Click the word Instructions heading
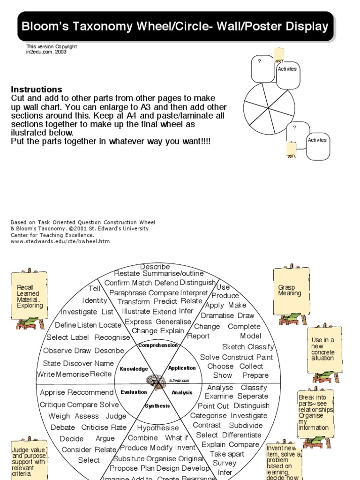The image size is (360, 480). [37, 90]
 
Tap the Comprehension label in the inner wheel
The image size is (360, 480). [158, 345]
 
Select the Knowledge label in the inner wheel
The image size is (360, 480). [134, 369]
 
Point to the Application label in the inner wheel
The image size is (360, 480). [182, 368]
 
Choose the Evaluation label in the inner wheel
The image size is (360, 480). [134, 392]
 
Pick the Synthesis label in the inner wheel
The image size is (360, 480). [157, 406]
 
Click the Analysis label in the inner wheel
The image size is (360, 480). [182, 392]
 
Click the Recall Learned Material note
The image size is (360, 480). [30, 296]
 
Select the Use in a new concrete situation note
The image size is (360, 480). [323, 349]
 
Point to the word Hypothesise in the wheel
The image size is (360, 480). [158, 428]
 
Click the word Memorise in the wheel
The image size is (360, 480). [72, 374]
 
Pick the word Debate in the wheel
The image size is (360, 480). [63, 427]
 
